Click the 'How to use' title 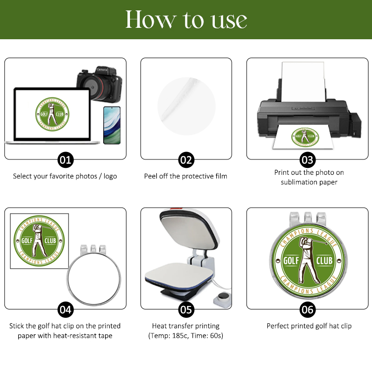(186, 19)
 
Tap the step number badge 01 (65, 160)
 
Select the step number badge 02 (186, 160)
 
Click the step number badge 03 (308, 160)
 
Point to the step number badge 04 (65, 309)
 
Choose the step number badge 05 (186, 309)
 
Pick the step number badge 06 (308, 309)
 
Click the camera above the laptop (100, 84)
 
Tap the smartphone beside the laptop (112, 125)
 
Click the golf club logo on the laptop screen (53, 114)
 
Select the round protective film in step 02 (186, 106)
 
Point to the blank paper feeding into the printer (304, 82)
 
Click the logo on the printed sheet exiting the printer (305, 137)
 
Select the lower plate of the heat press (179, 275)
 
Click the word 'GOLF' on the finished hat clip (291, 261)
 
